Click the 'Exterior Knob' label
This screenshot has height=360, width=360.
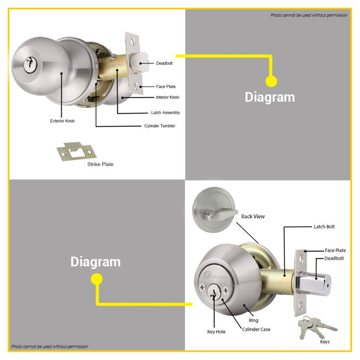62,121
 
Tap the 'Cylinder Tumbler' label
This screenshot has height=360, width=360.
159,126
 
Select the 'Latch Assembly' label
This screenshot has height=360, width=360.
165,113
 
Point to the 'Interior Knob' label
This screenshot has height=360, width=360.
167,97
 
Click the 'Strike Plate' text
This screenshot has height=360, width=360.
100,164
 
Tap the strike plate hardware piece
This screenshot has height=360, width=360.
77,151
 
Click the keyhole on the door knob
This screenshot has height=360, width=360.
30,64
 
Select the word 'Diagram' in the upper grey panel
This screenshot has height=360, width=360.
270,97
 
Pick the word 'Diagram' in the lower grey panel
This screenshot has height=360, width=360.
96,262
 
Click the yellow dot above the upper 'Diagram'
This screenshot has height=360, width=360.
271,81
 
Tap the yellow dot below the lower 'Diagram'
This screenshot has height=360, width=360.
97,279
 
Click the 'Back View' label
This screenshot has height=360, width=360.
253,217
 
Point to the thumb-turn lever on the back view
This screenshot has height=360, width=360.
221,214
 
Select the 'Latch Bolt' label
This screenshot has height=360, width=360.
324,227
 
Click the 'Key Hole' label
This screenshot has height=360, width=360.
216,332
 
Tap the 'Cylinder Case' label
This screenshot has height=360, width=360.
256,329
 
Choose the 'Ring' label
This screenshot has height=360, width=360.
254,320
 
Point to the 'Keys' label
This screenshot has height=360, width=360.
325,341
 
